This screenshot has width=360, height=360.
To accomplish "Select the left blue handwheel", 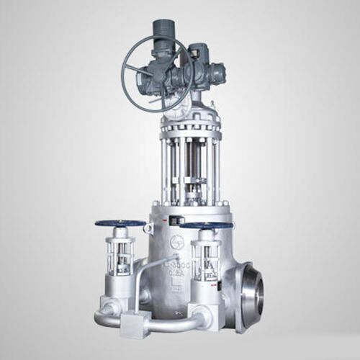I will pyautogui.click(x=120, y=223).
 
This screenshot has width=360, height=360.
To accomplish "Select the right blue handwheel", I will pyautogui.click(x=206, y=225).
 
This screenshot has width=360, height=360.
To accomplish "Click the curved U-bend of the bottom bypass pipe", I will pyautogui.click(x=103, y=316).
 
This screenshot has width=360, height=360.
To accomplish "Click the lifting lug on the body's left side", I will pyautogui.click(x=148, y=229).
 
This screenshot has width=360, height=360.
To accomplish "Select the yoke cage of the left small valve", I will pyautogui.click(x=120, y=255).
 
